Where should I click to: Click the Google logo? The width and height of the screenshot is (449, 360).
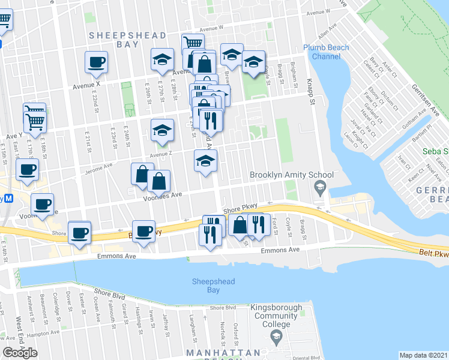coord(20,353)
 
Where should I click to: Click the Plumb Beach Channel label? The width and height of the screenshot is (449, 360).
coord(330,52)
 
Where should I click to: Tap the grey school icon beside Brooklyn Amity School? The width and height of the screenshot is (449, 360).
coord(320,188)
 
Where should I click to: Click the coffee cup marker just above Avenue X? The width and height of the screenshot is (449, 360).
coord(96,62)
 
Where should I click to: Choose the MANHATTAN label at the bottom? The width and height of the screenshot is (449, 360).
coord(222,352)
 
